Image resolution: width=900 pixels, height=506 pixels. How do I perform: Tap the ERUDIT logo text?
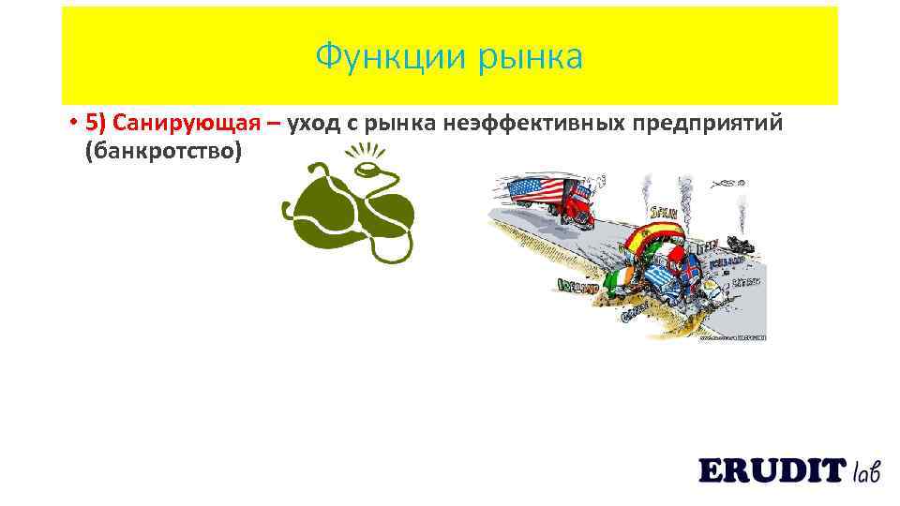pyautogui.click(x=771, y=470)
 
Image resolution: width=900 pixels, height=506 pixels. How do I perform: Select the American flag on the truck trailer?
pyautogui.click(x=535, y=191)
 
